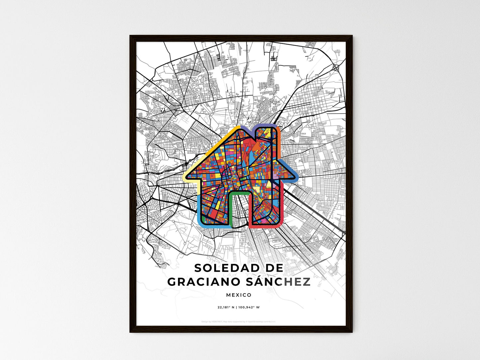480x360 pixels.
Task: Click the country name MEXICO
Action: pos(239,295)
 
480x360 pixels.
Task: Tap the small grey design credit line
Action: pos(239,321)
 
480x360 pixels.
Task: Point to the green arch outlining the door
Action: pos(239,192)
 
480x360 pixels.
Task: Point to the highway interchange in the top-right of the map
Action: pos(335,67)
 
